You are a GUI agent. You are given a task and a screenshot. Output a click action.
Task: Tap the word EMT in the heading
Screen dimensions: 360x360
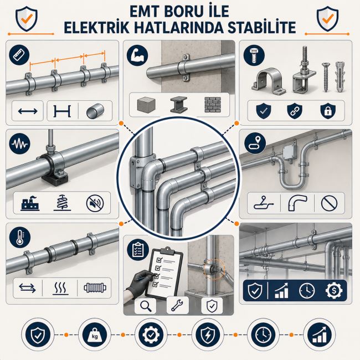(145, 12)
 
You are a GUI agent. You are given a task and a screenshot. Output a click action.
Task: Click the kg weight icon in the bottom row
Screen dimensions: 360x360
(95, 335)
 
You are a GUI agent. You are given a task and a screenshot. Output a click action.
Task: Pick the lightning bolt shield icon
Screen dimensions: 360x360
(208, 335)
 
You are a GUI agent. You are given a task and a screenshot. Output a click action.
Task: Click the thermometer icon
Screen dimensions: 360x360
(20, 237)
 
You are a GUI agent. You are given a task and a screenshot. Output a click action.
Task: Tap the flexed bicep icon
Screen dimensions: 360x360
(137, 55)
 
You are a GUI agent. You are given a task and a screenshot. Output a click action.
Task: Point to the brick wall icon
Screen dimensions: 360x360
(213, 105)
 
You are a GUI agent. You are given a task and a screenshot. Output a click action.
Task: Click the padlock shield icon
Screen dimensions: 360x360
(328, 111)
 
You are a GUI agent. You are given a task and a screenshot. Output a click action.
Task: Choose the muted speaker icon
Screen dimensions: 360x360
(95, 203)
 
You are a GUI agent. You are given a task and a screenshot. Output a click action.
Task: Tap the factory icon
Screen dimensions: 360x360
(30, 203)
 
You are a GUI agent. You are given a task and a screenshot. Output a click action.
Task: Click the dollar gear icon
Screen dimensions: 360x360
(334, 290)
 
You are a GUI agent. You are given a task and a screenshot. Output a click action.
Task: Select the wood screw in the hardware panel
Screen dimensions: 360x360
(326, 77)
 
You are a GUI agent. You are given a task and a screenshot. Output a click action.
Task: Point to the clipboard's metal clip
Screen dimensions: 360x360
(168, 251)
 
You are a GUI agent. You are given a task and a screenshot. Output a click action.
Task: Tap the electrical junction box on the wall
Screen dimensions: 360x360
(289, 152)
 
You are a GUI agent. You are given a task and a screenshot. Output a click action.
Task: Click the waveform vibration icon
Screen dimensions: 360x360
(20, 144)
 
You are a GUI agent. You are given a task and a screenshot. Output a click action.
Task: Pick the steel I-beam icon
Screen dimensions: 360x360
(179, 105)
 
